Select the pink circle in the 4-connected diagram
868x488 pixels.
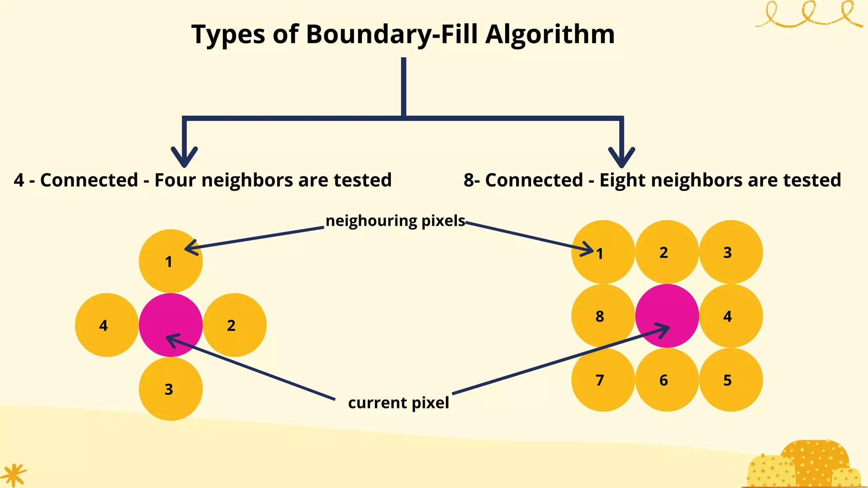click(171, 325)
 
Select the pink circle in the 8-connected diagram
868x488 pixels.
click(667, 316)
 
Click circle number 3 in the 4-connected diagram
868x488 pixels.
click(171, 389)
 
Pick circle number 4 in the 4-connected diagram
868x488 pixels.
click(107, 325)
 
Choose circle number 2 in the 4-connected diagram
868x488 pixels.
click(235, 325)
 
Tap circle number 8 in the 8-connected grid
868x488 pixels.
click(603, 316)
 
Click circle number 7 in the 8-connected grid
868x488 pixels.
click(603, 380)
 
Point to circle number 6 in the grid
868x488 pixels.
click(667, 380)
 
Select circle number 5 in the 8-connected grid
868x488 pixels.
click(731, 380)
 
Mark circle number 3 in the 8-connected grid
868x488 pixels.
click(731, 252)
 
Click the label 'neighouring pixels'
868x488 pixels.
click(395, 221)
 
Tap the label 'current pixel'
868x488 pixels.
click(398, 402)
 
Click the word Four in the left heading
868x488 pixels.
click(175, 180)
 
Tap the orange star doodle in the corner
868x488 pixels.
click(14, 475)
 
